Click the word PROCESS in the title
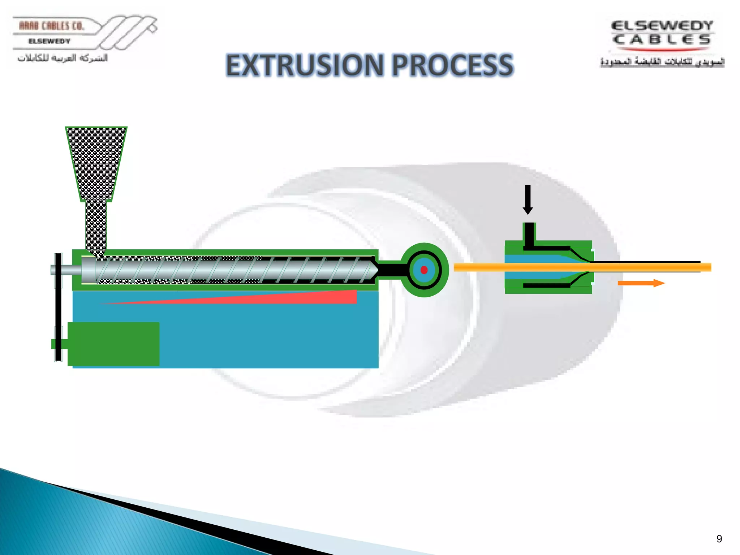click(452, 65)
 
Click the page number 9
click(719, 539)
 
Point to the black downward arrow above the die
click(528, 199)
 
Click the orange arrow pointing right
click(641, 283)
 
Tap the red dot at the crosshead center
click(424, 270)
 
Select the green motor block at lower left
click(113, 344)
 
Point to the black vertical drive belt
click(58, 307)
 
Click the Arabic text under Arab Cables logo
click(63, 58)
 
